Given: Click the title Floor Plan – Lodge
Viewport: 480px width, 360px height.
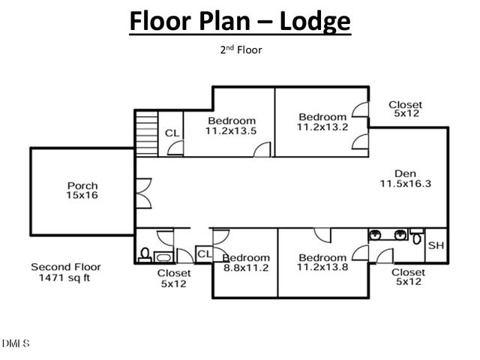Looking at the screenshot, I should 240,21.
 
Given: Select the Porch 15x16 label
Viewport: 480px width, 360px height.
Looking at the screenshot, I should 82,190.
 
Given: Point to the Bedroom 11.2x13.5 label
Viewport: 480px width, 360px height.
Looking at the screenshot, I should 232,126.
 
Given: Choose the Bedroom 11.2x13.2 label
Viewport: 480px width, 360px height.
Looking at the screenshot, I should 322,121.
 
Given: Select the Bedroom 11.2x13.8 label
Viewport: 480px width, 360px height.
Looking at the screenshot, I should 322,262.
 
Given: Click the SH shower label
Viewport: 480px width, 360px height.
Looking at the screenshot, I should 436,245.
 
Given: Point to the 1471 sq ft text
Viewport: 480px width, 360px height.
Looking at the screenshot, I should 66,277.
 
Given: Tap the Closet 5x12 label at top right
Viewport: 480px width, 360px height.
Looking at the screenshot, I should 406,109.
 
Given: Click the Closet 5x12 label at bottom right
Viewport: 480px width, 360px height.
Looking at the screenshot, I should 409,277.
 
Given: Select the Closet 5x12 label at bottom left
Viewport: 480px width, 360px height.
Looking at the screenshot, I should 172,279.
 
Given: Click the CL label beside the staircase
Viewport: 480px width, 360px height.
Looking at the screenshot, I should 172,133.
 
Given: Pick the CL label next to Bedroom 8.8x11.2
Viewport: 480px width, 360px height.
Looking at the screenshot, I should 203,255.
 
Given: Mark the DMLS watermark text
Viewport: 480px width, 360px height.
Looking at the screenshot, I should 16,344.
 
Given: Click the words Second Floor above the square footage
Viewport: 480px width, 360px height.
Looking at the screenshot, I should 66,267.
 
